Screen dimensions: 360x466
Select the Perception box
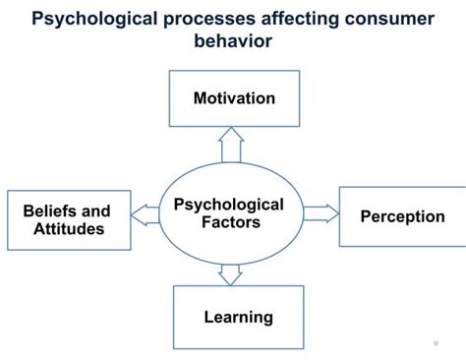402,216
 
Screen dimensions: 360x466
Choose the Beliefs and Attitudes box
67,221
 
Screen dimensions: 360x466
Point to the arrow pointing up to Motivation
232,149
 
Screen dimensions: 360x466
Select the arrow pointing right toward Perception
320,211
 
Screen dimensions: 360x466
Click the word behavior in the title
233,43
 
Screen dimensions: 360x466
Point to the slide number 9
436,343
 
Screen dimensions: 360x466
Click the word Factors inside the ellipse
228,222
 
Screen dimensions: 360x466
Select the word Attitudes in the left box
67,230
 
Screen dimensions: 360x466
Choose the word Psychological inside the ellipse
228,205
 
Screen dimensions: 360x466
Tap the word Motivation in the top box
233,98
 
